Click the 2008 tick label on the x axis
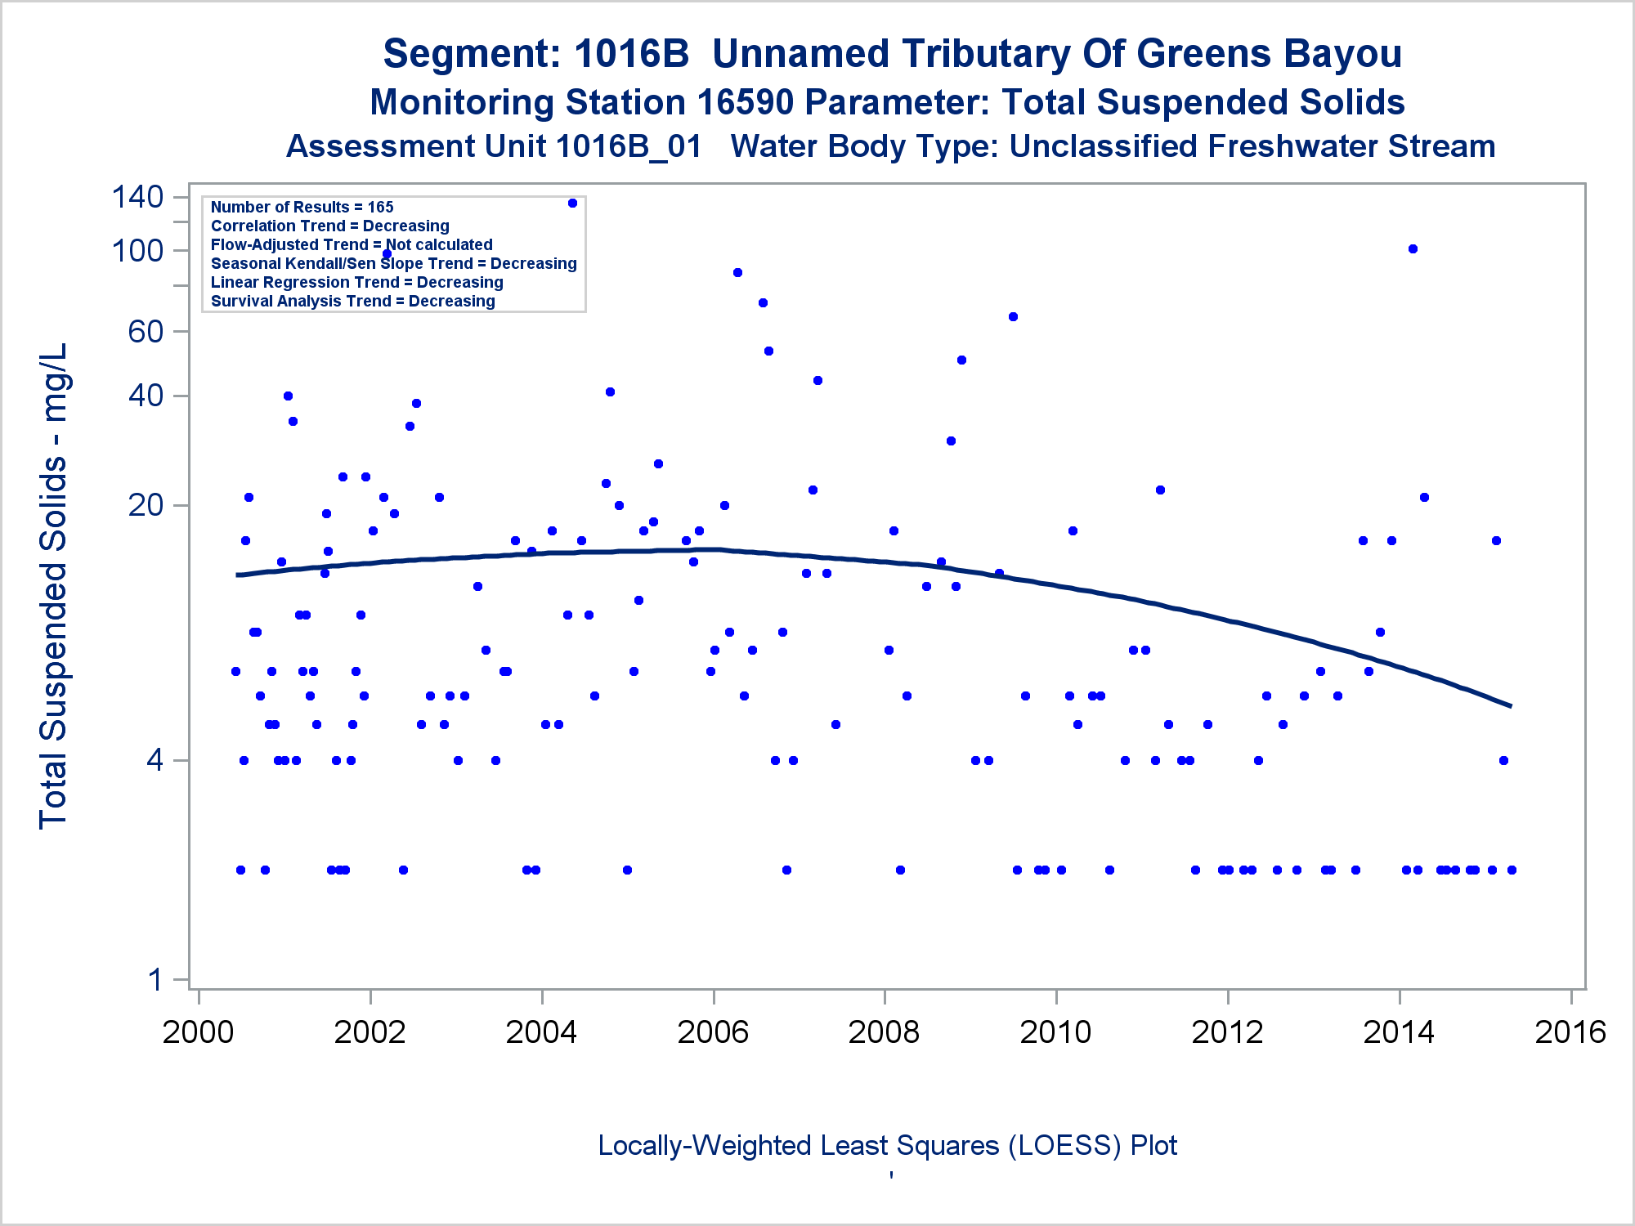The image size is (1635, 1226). (x=884, y=1032)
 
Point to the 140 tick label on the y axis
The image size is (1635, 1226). (x=137, y=197)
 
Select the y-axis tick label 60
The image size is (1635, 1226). (x=146, y=331)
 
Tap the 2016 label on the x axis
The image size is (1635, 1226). (x=1570, y=1032)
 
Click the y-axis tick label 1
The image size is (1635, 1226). (x=155, y=979)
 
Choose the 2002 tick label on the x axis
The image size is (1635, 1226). (x=370, y=1032)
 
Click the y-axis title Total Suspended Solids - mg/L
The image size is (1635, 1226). (x=54, y=586)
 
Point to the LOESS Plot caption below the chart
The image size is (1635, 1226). (x=887, y=1145)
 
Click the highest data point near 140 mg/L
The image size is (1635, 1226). (x=572, y=204)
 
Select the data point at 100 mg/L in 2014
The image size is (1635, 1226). (x=1413, y=249)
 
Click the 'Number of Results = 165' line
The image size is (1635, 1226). (x=302, y=207)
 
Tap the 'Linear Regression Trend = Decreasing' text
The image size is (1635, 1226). (x=356, y=282)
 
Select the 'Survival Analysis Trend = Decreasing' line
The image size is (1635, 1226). (x=352, y=301)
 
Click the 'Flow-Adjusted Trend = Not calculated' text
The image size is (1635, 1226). (x=352, y=244)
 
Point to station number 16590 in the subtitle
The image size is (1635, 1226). (x=745, y=102)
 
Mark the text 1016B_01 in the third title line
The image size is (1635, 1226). (x=629, y=146)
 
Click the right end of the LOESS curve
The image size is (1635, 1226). (x=1510, y=705)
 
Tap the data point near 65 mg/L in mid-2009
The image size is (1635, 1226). (x=1013, y=317)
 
